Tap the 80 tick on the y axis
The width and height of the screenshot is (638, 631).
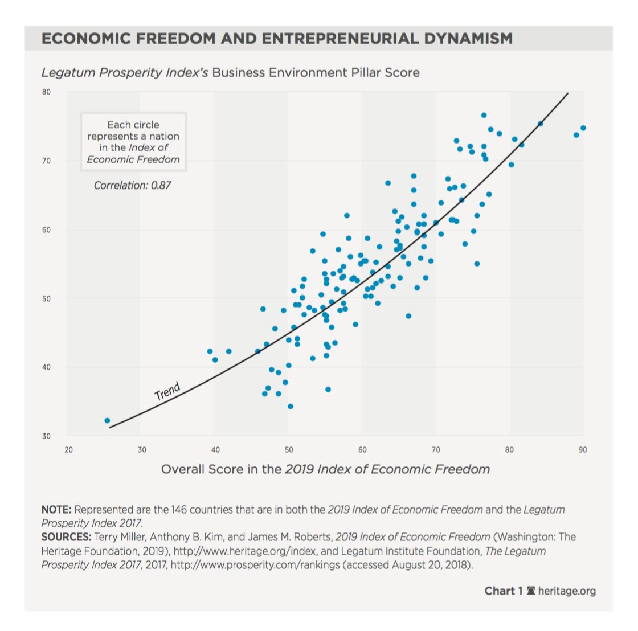click(46, 92)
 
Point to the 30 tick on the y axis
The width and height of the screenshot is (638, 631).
click(46, 436)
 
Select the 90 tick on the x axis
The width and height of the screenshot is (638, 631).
click(583, 450)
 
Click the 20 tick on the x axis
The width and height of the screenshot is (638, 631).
click(69, 450)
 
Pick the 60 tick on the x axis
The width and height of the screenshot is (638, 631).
click(362, 450)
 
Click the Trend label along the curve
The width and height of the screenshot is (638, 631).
click(167, 392)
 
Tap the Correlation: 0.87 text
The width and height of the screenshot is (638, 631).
click(132, 185)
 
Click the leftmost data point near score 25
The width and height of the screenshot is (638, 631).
click(107, 421)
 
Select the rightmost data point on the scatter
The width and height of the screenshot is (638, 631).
click(583, 128)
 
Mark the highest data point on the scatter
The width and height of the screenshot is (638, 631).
click(484, 115)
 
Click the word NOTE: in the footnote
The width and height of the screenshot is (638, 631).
click(56, 510)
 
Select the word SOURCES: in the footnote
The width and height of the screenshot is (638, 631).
click(66, 537)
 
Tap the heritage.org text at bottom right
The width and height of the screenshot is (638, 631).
click(566, 591)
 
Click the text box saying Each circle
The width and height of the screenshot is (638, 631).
click(133, 142)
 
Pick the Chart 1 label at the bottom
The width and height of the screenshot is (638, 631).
click(503, 591)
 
